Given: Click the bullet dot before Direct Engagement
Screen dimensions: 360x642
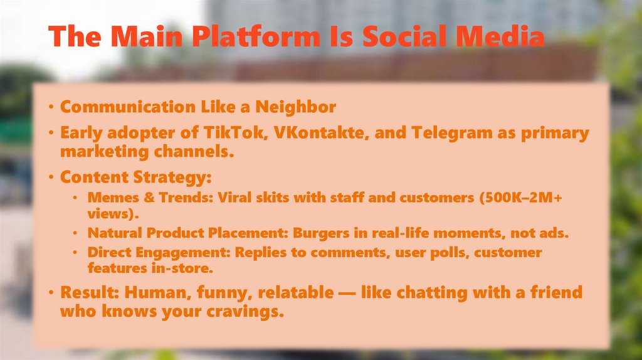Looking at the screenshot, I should [75, 253].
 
